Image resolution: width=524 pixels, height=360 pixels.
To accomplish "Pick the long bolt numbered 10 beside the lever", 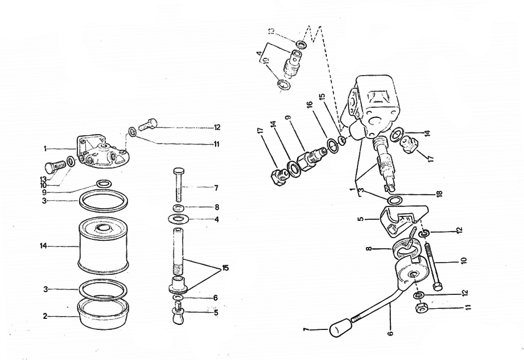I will click(x=433, y=265).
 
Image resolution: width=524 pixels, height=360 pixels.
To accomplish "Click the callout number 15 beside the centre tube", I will click(x=226, y=268).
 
